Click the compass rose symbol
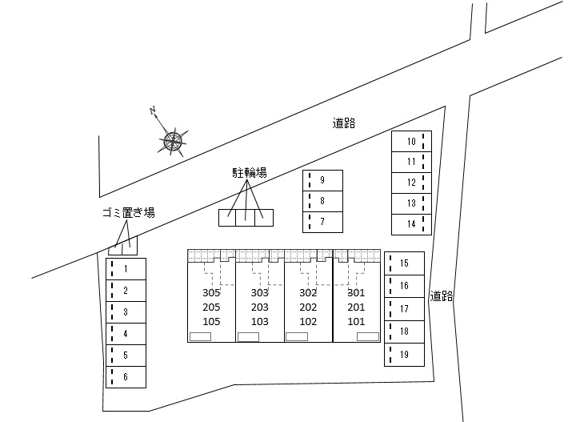(173, 143)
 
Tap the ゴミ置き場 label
(128, 212)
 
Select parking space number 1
(126, 268)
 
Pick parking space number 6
(126, 376)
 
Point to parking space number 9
(322, 179)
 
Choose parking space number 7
(322, 221)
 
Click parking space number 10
(411, 141)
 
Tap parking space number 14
(411, 223)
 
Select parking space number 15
(404, 263)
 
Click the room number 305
(211, 293)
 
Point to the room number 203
(260, 307)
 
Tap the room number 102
(309, 322)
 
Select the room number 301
(356, 293)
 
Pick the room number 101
(356, 322)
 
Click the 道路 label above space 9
(344, 123)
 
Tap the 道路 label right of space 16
(441, 295)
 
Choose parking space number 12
(411, 183)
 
